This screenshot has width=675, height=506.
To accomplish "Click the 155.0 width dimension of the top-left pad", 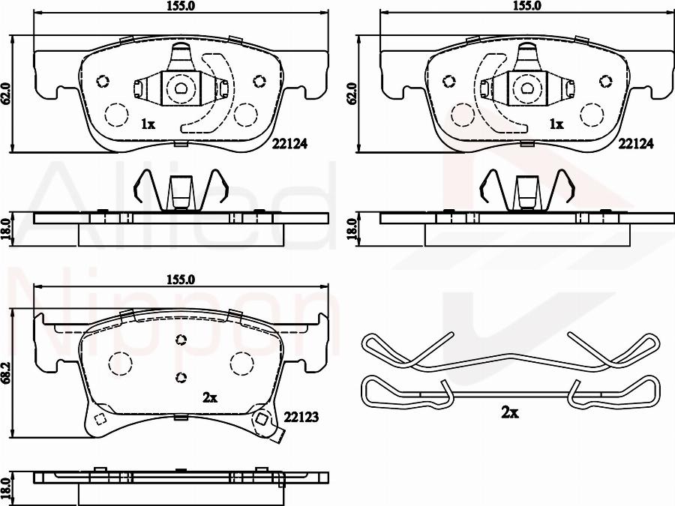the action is (181, 5).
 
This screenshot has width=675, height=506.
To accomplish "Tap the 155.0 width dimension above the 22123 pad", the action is (181, 280).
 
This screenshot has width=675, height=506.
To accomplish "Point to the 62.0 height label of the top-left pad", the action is (5, 94).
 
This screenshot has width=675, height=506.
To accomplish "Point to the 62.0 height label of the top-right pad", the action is (352, 94).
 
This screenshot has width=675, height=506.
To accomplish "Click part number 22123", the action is (301, 417).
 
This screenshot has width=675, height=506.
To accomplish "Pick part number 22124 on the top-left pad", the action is (289, 144).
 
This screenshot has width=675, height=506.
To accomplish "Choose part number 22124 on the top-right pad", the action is (636, 144).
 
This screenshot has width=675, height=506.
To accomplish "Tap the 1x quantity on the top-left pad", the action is (148, 124).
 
